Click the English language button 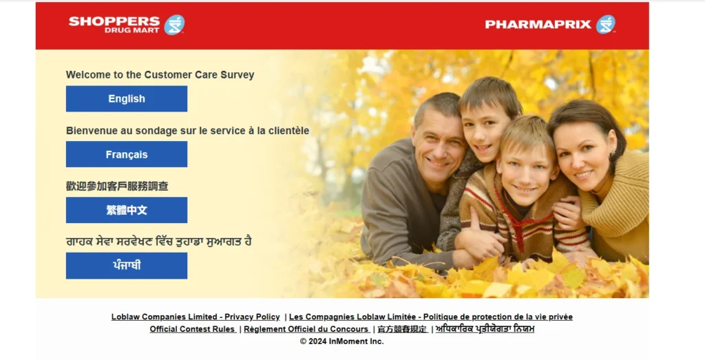tap(127, 99)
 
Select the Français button tap(127, 154)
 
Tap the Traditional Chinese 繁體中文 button tap(127, 210)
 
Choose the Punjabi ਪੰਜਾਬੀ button tap(127, 266)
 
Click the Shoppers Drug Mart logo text tap(114, 25)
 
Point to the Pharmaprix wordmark tap(538, 24)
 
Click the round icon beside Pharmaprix tap(606, 24)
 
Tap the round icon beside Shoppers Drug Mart tap(174, 25)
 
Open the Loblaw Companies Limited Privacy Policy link tap(196, 317)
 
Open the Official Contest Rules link tap(193, 329)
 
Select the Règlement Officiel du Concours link tap(306, 329)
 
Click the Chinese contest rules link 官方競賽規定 tap(402, 329)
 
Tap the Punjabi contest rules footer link tap(485, 329)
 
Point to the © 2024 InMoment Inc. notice tap(341, 341)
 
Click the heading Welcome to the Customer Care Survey tap(160, 74)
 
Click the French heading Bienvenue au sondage tap(187, 131)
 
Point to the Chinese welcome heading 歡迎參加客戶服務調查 tap(117, 186)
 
